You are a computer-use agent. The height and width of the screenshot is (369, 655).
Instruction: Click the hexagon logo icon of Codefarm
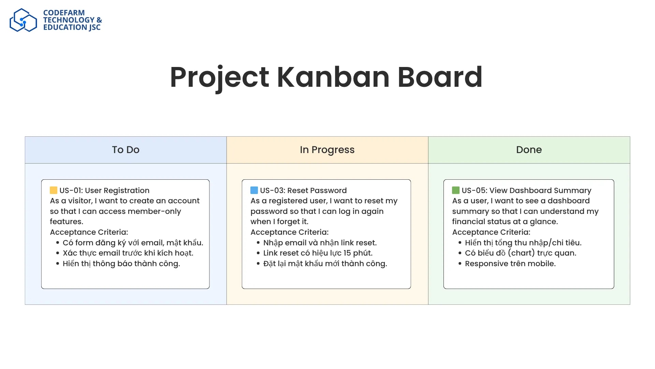pos(23,20)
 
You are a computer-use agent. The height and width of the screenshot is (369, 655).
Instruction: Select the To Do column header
pos(126,150)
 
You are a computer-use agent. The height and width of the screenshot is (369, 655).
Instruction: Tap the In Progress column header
pos(327,150)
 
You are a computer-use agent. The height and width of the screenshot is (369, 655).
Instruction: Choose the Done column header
pos(529,150)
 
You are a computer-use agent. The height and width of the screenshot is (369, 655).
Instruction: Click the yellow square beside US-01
pos(54,190)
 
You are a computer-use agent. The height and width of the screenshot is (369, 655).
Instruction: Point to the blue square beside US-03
pos(254,190)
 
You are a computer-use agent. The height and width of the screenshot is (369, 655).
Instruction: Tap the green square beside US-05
pos(456,190)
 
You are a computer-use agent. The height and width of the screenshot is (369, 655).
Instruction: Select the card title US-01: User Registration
pos(104,191)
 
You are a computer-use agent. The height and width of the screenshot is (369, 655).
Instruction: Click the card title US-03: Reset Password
pos(303,191)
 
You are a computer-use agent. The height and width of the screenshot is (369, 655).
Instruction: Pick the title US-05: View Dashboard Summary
pos(526,191)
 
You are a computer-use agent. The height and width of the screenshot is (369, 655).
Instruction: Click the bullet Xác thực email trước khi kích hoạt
pos(128,253)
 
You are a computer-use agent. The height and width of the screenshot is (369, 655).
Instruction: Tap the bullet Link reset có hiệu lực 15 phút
pos(318,253)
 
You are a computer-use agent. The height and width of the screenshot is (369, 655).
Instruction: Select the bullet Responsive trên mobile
pos(510,264)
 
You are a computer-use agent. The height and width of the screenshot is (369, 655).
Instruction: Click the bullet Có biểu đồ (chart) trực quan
pos(520,253)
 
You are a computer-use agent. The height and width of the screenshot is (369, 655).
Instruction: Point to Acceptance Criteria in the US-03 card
pos(289,232)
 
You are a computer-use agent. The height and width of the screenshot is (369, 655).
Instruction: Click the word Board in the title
pos(440,77)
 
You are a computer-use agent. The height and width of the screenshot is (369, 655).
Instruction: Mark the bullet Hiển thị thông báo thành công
pos(121,264)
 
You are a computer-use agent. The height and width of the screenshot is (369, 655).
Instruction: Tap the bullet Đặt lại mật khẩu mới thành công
pos(325,264)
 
